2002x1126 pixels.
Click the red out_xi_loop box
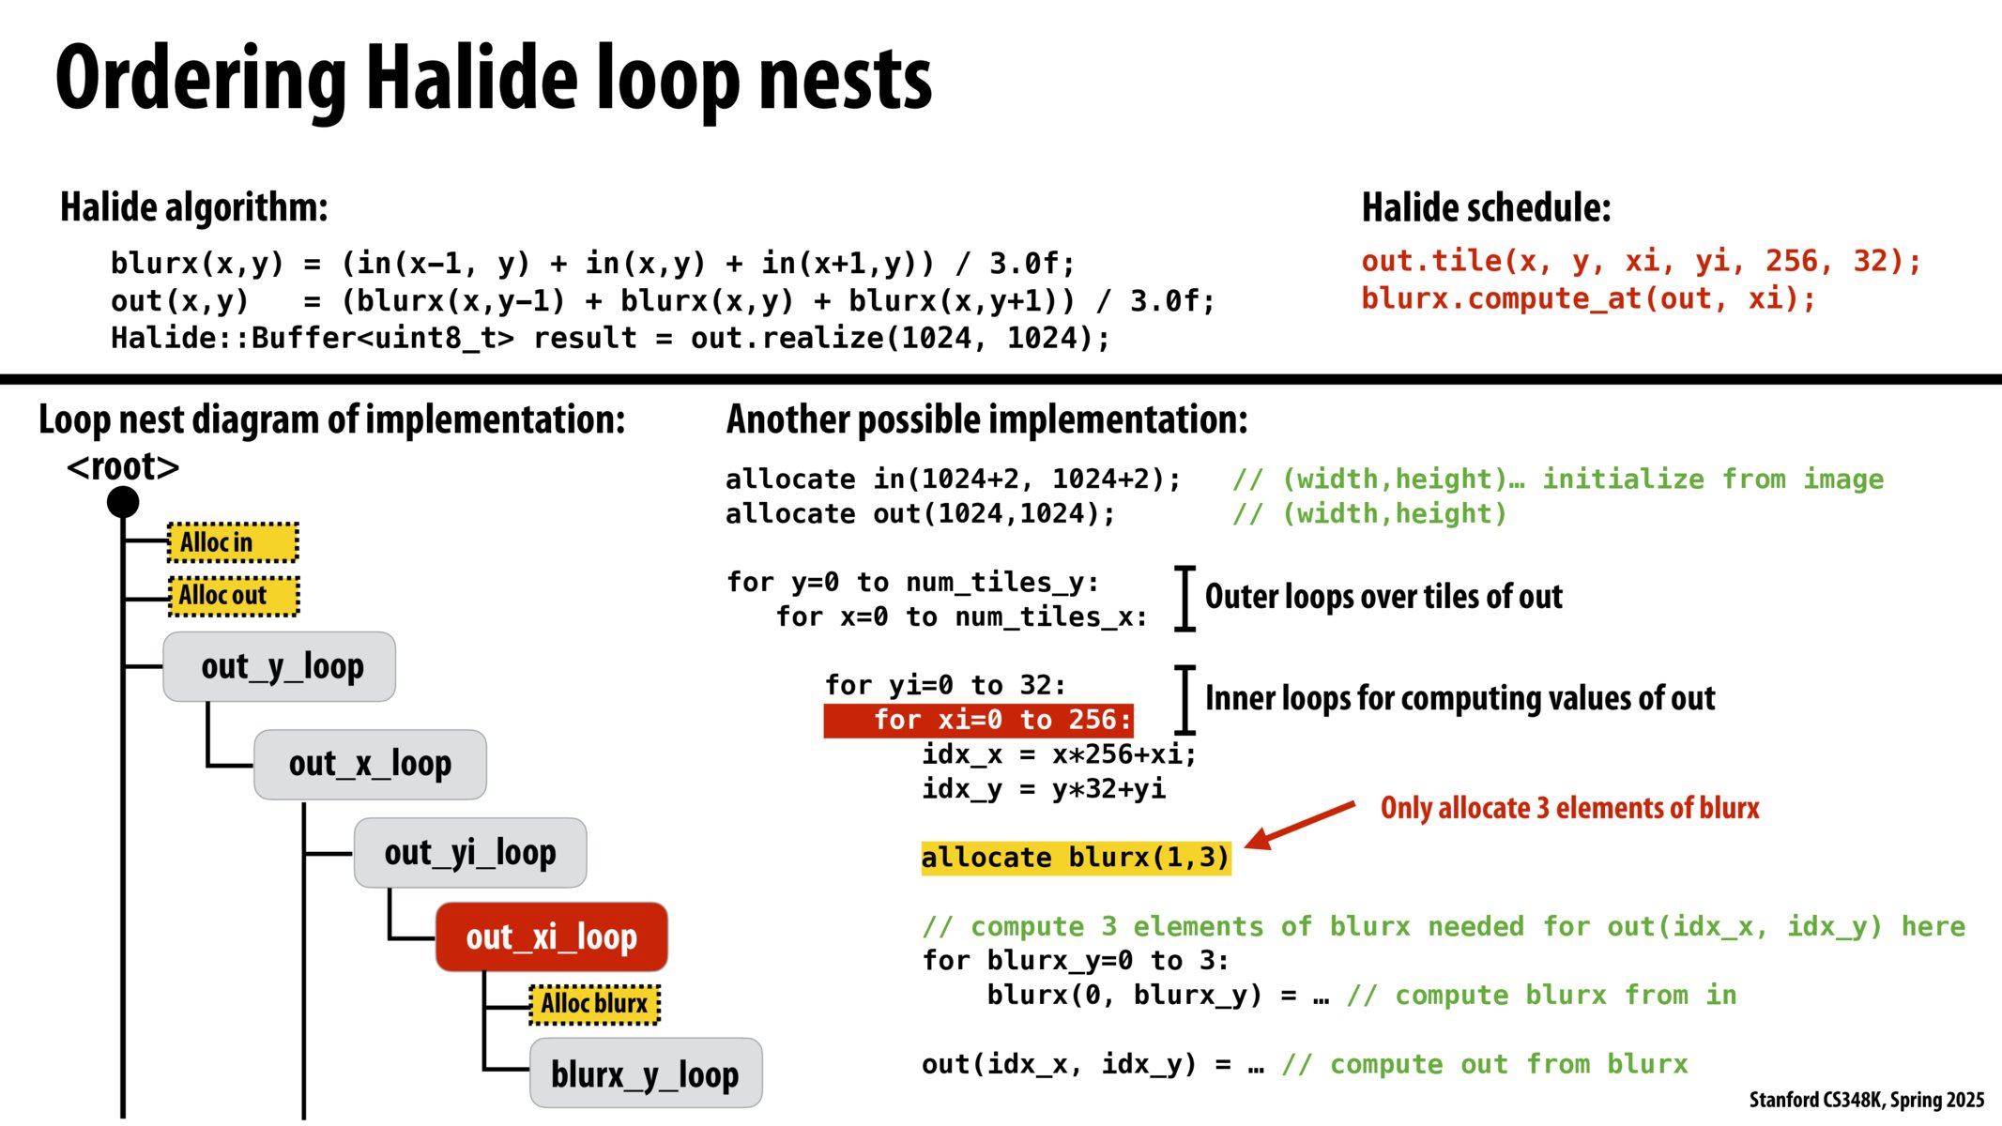coord(552,936)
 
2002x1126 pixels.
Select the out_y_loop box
coord(280,666)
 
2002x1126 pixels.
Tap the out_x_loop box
coord(370,764)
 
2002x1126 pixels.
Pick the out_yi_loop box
coord(469,852)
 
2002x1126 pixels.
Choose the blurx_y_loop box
coord(646,1073)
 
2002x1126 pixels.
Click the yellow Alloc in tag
coord(233,542)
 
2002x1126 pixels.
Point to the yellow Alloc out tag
coord(234,596)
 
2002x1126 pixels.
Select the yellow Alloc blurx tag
coord(594,1004)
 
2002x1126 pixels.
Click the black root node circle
coord(123,502)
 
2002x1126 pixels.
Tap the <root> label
coord(123,466)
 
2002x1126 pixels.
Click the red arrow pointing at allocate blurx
coord(1300,825)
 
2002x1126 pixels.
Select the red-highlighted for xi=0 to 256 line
coord(978,720)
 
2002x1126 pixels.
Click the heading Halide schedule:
coord(1486,207)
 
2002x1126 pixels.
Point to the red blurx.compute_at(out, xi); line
coord(1588,298)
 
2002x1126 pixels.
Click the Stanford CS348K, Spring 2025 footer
coord(1866,1099)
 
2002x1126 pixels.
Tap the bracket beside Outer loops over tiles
coord(1185,598)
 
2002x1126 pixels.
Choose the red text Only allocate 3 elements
coord(1569,808)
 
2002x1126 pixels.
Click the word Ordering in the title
coord(201,80)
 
